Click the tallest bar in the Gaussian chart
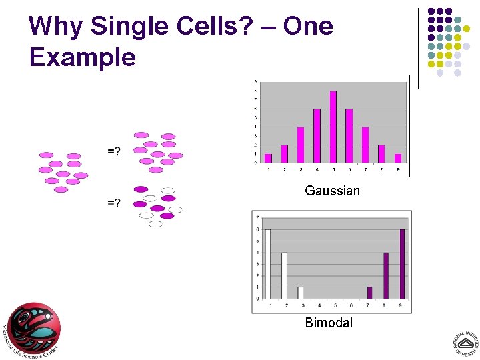pos(333,127)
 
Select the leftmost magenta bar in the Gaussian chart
pos(268,158)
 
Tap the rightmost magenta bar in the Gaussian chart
pos(397,158)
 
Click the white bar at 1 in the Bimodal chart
pos(268,264)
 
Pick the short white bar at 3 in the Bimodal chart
pos(300,293)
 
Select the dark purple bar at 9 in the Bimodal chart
pos(402,264)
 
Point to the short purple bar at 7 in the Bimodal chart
pos(369,293)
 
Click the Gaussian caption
pos(332,191)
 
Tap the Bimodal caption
pos(329,323)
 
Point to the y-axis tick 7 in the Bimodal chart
pos(257,217)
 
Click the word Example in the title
pos(82,57)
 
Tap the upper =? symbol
pos(114,151)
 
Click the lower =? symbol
pos(114,202)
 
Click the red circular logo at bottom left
pos(33,328)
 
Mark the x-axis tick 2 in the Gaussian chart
pos(285,169)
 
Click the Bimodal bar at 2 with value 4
pos(284,275)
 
